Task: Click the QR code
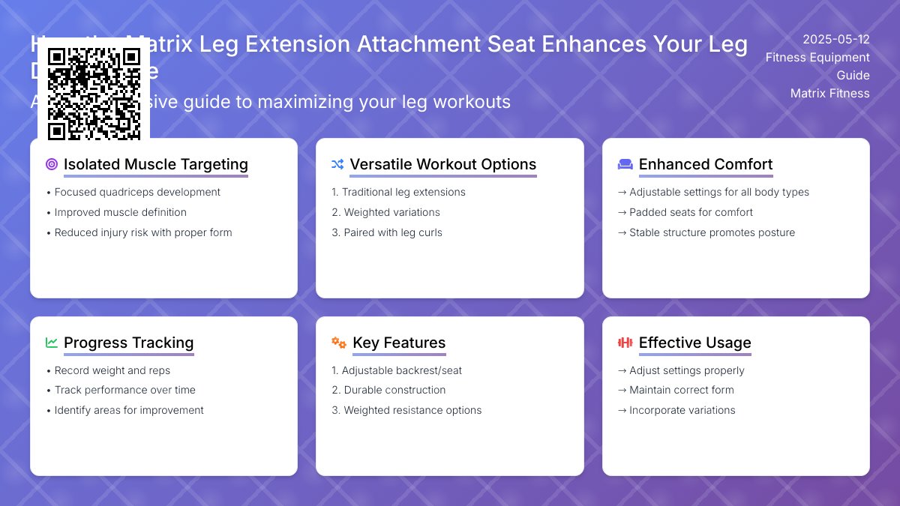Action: [x=94, y=94]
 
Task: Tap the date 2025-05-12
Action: [x=835, y=39]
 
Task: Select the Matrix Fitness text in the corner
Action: [x=829, y=93]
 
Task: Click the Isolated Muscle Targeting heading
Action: [x=155, y=164]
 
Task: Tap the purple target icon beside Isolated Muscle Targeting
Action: [x=52, y=164]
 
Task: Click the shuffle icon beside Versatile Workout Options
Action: [x=337, y=164]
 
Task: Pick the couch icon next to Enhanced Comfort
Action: [x=625, y=164]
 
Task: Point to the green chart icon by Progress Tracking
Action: [x=52, y=343]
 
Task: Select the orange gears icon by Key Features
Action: [x=339, y=343]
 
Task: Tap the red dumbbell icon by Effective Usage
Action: [x=625, y=343]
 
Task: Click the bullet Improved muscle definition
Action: [x=120, y=212]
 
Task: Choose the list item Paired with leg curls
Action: [x=392, y=232]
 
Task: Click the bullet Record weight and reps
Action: [x=112, y=370]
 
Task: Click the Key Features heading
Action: [x=399, y=343]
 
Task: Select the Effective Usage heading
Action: [x=694, y=343]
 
